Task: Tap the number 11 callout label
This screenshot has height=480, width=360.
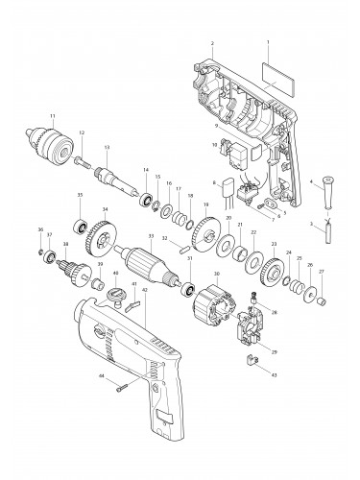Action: (52, 116)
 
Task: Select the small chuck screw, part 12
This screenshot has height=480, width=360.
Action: (84, 151)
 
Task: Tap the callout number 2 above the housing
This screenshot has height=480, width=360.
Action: (211, 43)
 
